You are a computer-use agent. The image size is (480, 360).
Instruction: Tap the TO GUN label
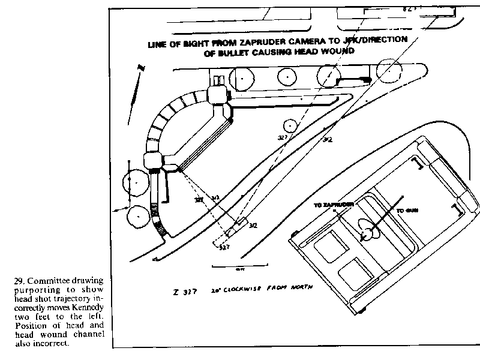click(x=407, y=211)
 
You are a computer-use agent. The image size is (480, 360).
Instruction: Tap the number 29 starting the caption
click(x=18, y=280)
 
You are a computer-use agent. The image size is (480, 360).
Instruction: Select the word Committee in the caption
click(x=47, y=280)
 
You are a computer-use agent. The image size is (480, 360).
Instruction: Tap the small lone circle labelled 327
click(x=290, y=126)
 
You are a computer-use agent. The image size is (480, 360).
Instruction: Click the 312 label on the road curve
click(x=328, y=140)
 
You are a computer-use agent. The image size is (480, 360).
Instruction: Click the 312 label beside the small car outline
click(x=253, y=226)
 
